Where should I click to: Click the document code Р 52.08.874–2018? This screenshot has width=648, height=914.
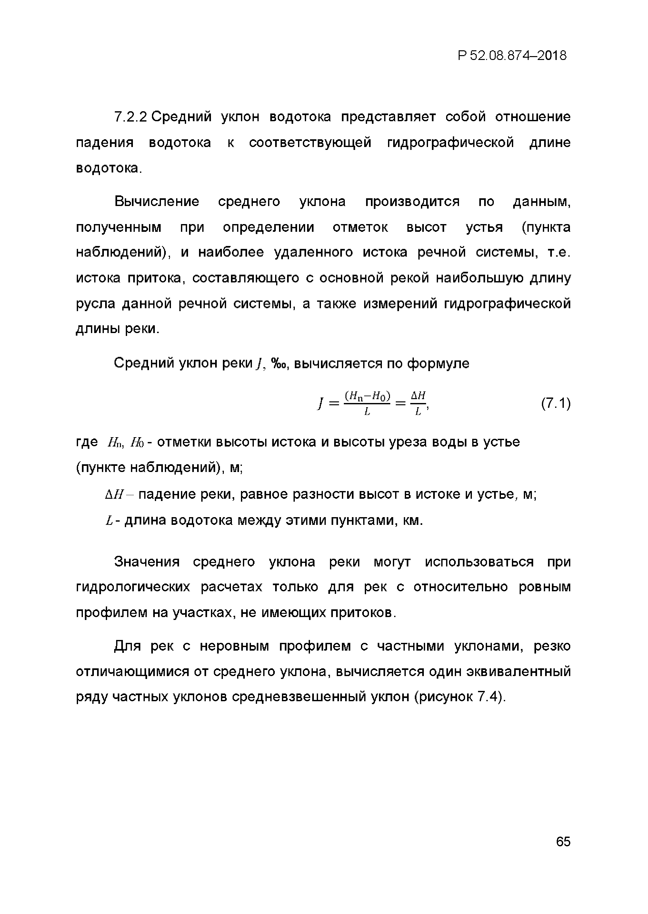[512, 55]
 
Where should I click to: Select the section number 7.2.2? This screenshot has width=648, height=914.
[131, 117]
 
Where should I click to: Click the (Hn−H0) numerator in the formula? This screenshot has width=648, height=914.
[367, 396]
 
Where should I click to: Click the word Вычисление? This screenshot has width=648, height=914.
[156, 201]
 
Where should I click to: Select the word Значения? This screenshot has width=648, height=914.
[147, 562]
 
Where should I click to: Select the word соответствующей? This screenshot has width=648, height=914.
[310, 143]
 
